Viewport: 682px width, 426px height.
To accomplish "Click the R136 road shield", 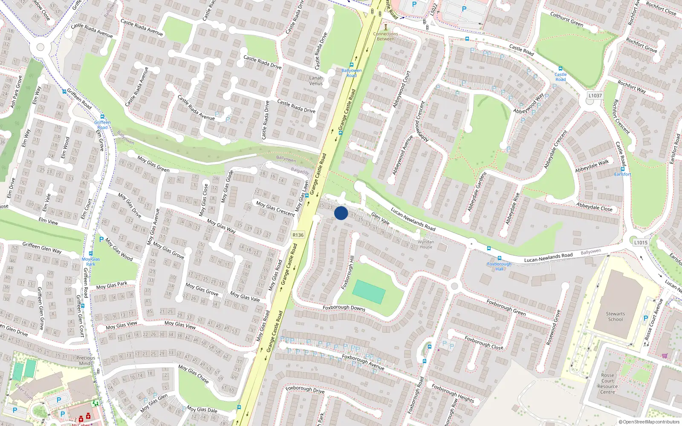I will point(298,235).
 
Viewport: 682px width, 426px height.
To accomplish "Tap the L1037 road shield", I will point(595,95).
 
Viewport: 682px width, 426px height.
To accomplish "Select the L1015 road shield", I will point(640,242).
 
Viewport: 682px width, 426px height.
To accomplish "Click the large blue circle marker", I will point(341,213).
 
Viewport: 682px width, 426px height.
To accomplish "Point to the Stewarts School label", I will point(615,317).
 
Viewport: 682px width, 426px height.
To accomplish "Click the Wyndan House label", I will point(426,244).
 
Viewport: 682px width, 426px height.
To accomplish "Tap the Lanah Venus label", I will point(316,81).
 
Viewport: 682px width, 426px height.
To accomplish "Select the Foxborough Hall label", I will point(499,266).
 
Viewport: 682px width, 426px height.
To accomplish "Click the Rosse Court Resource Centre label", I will point(607,383).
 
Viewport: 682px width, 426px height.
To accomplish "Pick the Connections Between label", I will point(385,36).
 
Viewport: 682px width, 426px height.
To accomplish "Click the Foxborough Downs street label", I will point(344,308).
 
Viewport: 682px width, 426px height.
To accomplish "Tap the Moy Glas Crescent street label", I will point(275,208).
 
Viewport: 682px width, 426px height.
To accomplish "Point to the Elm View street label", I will point(48,221).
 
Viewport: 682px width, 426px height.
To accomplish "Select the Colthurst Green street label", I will point(566,20).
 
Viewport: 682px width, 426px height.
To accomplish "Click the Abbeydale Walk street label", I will point(592,166).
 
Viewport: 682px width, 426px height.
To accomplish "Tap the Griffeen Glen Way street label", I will point(42,248).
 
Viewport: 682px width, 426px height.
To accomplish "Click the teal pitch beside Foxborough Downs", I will point(369,292).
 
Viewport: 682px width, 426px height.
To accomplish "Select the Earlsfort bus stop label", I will point(622,174).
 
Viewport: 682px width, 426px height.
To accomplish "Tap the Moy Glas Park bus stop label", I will point(91,262).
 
